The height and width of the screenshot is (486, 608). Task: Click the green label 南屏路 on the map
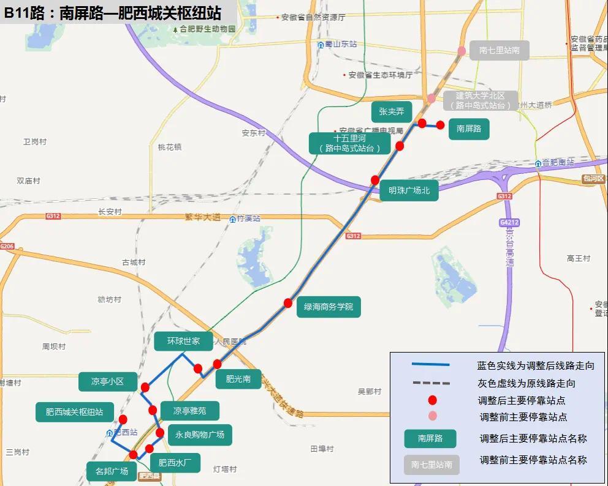click(469, 129)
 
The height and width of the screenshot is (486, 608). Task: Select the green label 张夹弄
click(391, 112)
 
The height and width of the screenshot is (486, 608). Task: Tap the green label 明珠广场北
click(409, 190)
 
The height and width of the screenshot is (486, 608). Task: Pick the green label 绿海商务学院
click(329, 307)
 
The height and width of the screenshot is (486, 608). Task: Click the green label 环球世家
click(183, 341)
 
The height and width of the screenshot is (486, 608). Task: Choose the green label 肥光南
click(238, 379)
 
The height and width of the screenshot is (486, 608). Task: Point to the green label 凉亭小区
click(107, 381)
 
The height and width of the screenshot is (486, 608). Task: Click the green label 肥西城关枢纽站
click(74, 412)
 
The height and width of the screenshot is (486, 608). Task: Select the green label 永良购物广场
click(199, 435)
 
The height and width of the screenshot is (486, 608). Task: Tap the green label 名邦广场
click(112, 471)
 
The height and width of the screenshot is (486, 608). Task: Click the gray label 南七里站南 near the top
click(499, 50)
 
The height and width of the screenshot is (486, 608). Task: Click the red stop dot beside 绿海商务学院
click(288, 303)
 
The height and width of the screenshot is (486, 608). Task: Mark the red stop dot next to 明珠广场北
click(375, 180)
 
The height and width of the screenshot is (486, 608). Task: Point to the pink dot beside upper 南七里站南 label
click(462, 51)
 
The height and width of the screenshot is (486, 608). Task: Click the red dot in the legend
click(432, 400)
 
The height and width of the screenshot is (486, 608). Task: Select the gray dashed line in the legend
click(431, 384)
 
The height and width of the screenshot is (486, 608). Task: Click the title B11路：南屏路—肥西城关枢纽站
click(113, 13)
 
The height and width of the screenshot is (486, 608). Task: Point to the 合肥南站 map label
click(557, 163)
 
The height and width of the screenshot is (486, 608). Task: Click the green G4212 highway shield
click(509, 222)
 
